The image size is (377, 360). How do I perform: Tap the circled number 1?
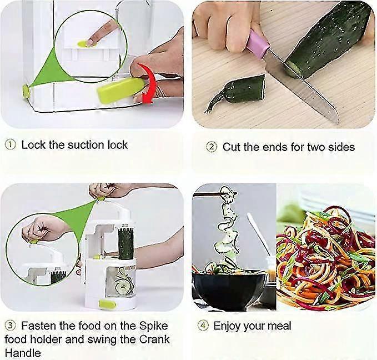tap(11, 145)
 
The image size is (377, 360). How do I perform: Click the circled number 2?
tap(211, 147)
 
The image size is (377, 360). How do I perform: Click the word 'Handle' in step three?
tap(22, 352)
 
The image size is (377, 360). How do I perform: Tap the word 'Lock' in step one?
tap(33, 145)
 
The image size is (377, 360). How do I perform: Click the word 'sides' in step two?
tap(340, 147)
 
